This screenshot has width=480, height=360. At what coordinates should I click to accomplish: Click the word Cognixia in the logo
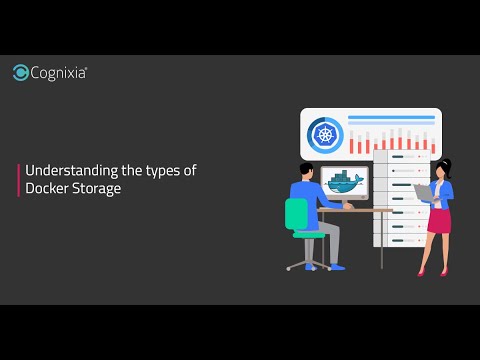(59, 72)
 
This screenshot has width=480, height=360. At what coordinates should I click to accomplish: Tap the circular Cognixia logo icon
(21, 72)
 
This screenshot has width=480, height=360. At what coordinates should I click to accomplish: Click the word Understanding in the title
(62, 171)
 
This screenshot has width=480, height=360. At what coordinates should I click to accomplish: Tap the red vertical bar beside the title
(18, 180)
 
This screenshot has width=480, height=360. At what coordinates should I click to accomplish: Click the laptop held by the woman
(422, 192)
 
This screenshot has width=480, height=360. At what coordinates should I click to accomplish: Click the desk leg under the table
(380, 240)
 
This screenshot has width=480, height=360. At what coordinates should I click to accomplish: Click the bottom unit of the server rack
(395, 239)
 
